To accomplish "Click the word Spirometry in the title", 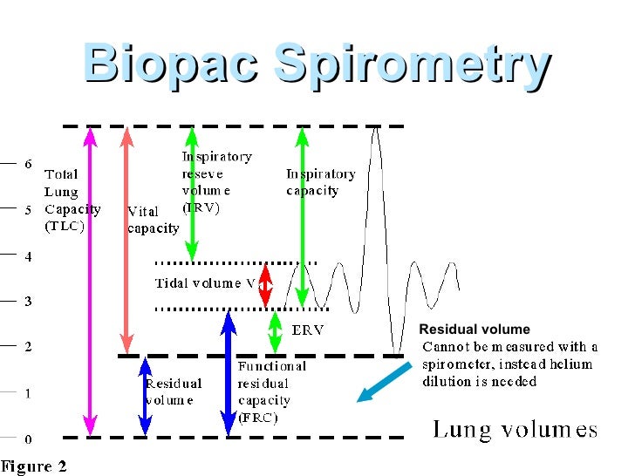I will point(412,65).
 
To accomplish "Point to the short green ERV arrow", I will point(275,331).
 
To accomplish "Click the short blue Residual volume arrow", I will point(145,397).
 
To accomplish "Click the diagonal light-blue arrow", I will point(384,383).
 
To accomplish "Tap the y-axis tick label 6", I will point(29,163).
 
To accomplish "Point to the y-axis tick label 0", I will point(29,439).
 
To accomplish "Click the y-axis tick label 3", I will point(29,302).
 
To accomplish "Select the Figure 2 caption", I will point(34,466).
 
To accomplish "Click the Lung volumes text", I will point(515,429).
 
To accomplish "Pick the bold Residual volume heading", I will point(475,330).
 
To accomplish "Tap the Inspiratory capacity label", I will point(320,182).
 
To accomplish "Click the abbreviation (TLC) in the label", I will point(65,226).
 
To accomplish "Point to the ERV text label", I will point(308,330).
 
